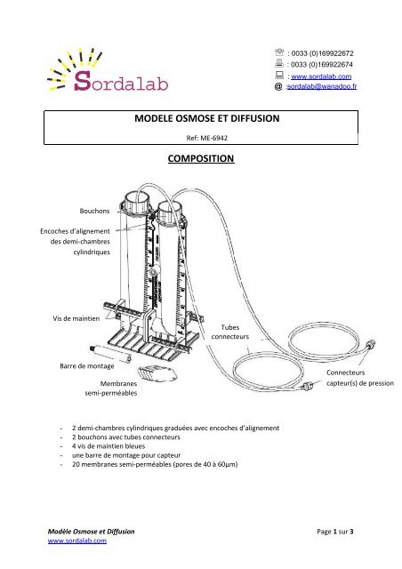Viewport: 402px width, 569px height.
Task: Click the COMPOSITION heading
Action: (200, 160)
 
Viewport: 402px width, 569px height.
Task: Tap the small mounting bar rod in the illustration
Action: (131, 357)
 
